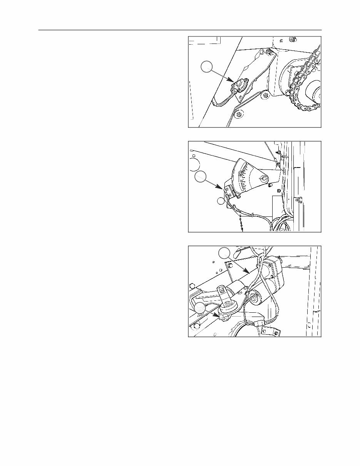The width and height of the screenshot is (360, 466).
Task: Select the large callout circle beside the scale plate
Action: click(200, 177)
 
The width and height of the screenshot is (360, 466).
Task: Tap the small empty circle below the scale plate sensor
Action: click(220, 201)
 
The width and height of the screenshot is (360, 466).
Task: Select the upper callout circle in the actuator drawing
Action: click(224, 253)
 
